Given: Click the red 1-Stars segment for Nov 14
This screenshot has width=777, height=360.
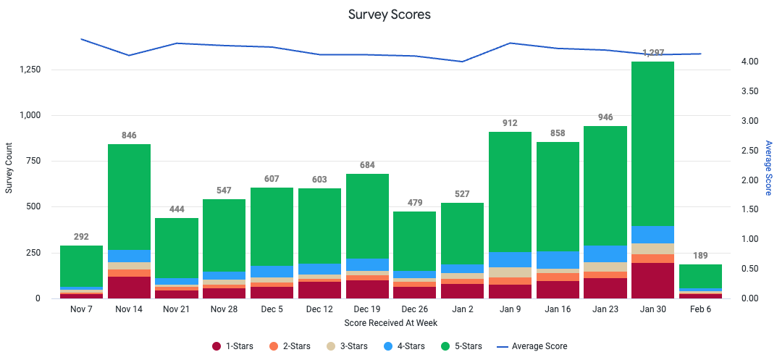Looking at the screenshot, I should (129, 287).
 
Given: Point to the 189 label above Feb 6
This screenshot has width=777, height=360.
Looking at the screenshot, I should (700, 256).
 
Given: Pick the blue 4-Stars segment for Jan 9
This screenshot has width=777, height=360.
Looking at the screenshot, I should (510, 259).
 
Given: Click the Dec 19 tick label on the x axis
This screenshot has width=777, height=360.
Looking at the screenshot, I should (367, 309).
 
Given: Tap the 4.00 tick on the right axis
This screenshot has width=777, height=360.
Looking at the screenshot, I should (750, 62).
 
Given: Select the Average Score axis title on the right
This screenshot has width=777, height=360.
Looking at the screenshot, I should (769, 168).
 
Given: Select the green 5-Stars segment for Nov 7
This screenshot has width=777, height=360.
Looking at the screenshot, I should (81, 266).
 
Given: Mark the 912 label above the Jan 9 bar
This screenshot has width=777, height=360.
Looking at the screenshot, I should (510, 124).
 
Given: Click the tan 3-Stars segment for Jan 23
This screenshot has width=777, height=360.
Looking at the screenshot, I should (605, 267).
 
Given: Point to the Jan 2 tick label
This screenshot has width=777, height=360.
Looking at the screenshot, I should (462, 309).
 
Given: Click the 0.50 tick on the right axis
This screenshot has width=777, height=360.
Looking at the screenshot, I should (750, 269).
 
